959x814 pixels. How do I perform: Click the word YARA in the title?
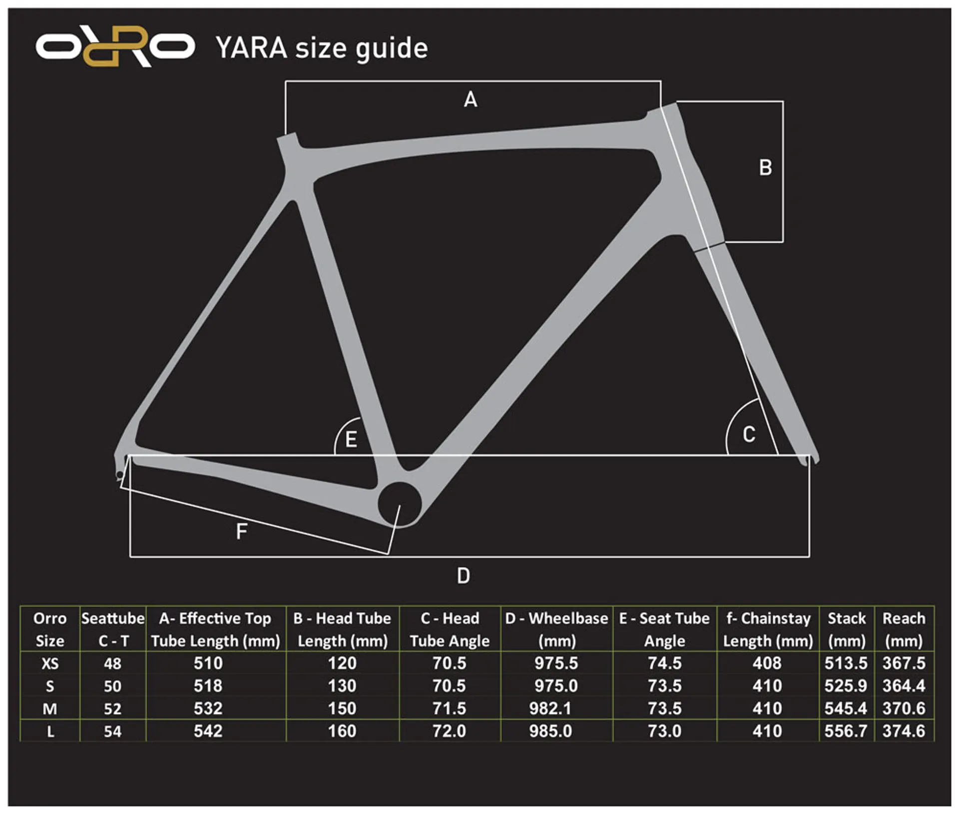tap(251, 48)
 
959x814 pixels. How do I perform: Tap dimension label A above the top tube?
tap(471, 99)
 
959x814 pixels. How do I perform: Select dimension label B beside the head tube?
tap(765, 167)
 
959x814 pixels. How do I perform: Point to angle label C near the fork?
tap(749, 434)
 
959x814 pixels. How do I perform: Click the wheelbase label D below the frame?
tap(464, 576)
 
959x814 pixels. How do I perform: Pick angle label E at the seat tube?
tap(351, 439)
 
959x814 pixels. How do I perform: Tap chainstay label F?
tap(242, 531)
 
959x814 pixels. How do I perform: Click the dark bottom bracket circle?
tap(400, 504)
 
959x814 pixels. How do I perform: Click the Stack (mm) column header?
tap(847, 629)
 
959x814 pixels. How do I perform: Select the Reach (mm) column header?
tap(904, 629)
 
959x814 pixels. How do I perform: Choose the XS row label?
tap(50, 663)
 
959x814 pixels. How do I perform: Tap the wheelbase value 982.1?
tap(550, 708)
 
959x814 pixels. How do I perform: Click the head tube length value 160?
tap(342, 731)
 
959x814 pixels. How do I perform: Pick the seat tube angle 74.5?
tap(664, 663)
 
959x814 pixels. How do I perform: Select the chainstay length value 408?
tap(767, 663)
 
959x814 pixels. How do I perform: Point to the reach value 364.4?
tap(904, 685)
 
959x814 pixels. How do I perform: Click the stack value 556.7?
tap(846, 731)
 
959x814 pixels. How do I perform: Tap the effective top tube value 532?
tap(208, 708)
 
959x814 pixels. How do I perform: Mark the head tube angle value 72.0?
tap(449, 731)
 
